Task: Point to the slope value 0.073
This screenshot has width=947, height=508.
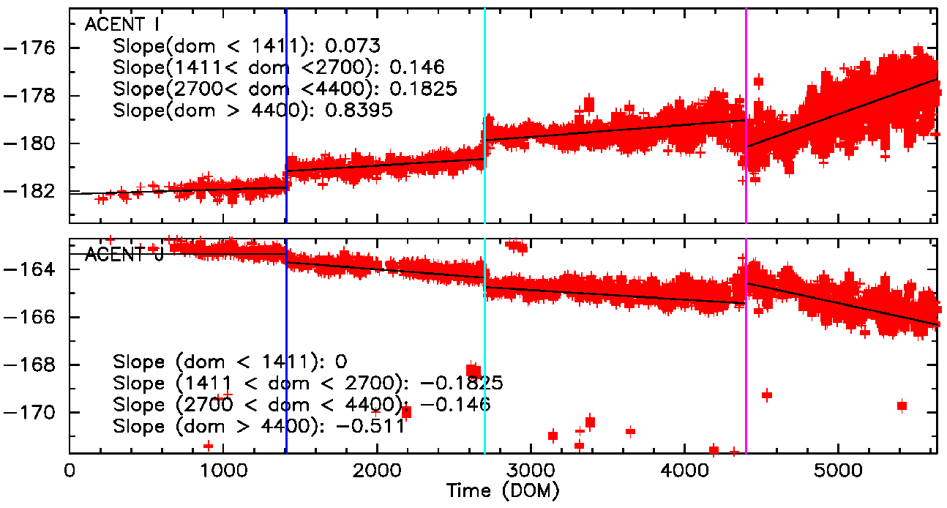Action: click(353, 45)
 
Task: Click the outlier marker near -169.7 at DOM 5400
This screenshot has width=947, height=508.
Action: click(902, 406)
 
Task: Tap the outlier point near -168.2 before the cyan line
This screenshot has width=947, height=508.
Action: click(473, 370)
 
